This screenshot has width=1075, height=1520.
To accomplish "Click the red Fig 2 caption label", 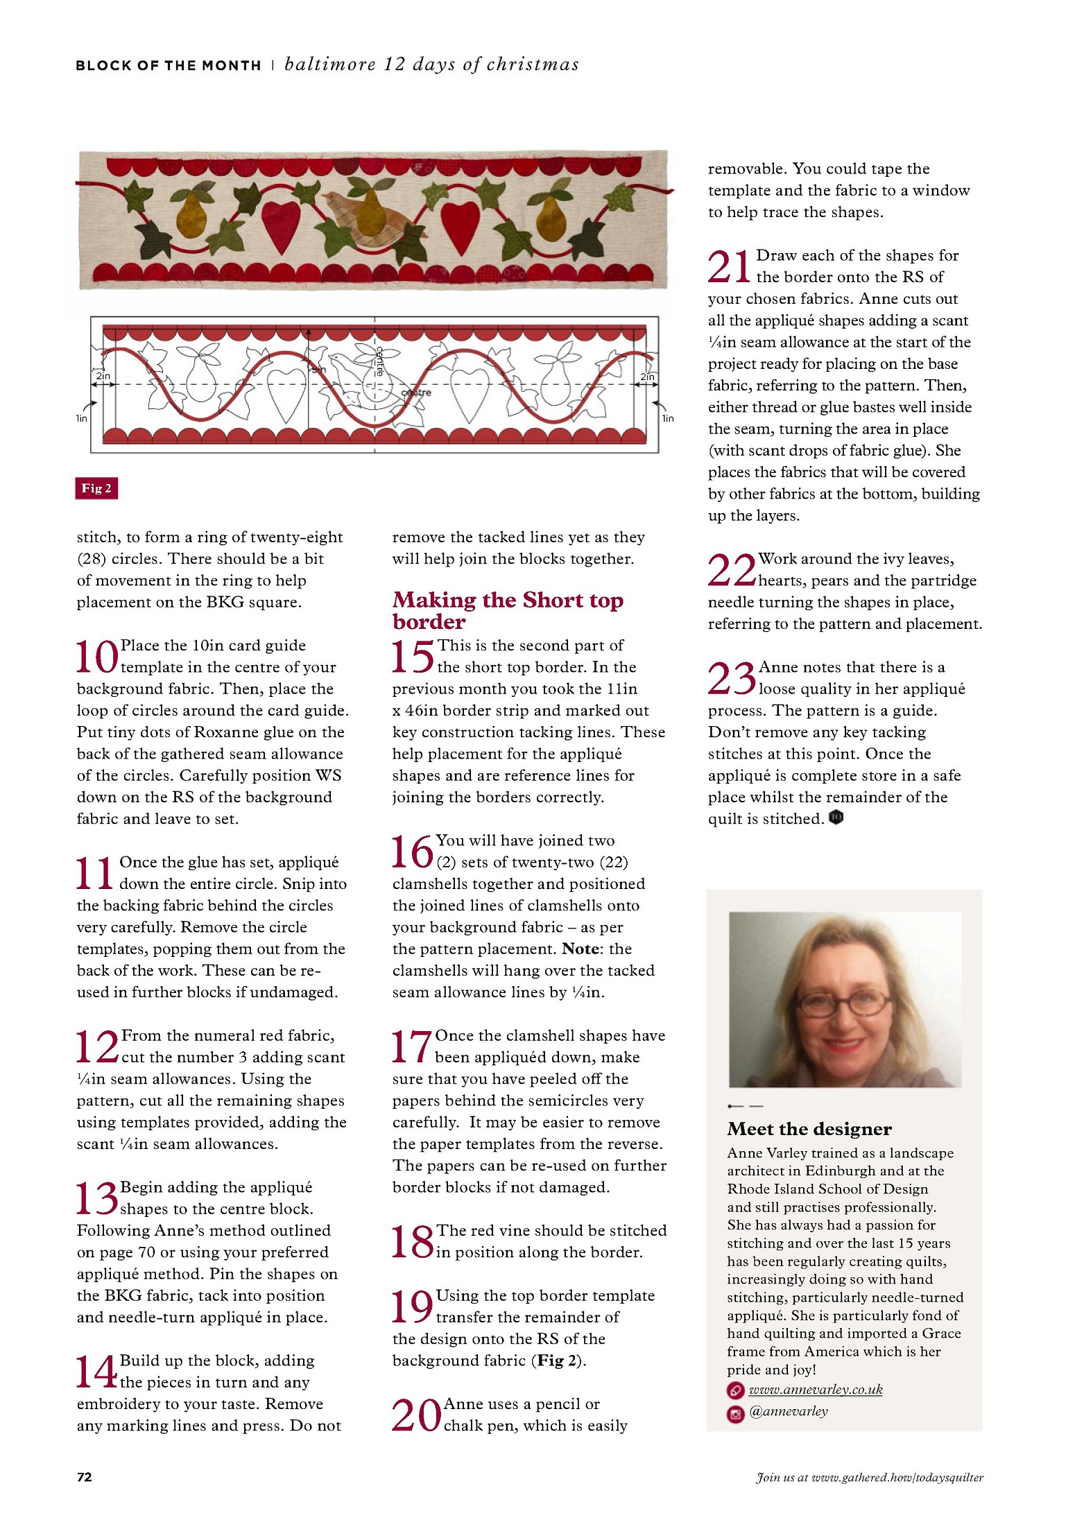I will [x=96, y=488].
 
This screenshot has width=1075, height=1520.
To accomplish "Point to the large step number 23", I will [x=731, y=677].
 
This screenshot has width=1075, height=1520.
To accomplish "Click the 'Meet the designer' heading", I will [x=809, y=1129].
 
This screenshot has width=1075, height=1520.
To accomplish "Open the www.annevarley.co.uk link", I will [x=816, y=1390].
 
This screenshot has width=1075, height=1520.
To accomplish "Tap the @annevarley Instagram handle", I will [x=789, y=1411].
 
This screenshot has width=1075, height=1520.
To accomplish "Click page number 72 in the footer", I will [x=84, y=1477].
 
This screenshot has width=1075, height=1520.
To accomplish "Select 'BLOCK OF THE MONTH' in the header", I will [x=169, y=66].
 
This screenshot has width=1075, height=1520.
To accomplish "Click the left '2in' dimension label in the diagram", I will [x=103, y=376].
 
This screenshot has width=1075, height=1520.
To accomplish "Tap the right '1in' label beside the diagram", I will [x=667, y=418].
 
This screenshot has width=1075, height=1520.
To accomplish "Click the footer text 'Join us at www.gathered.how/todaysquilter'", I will [x=869, y=1477].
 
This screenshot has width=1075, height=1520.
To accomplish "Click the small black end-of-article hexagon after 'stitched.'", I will [x=836, y=818].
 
